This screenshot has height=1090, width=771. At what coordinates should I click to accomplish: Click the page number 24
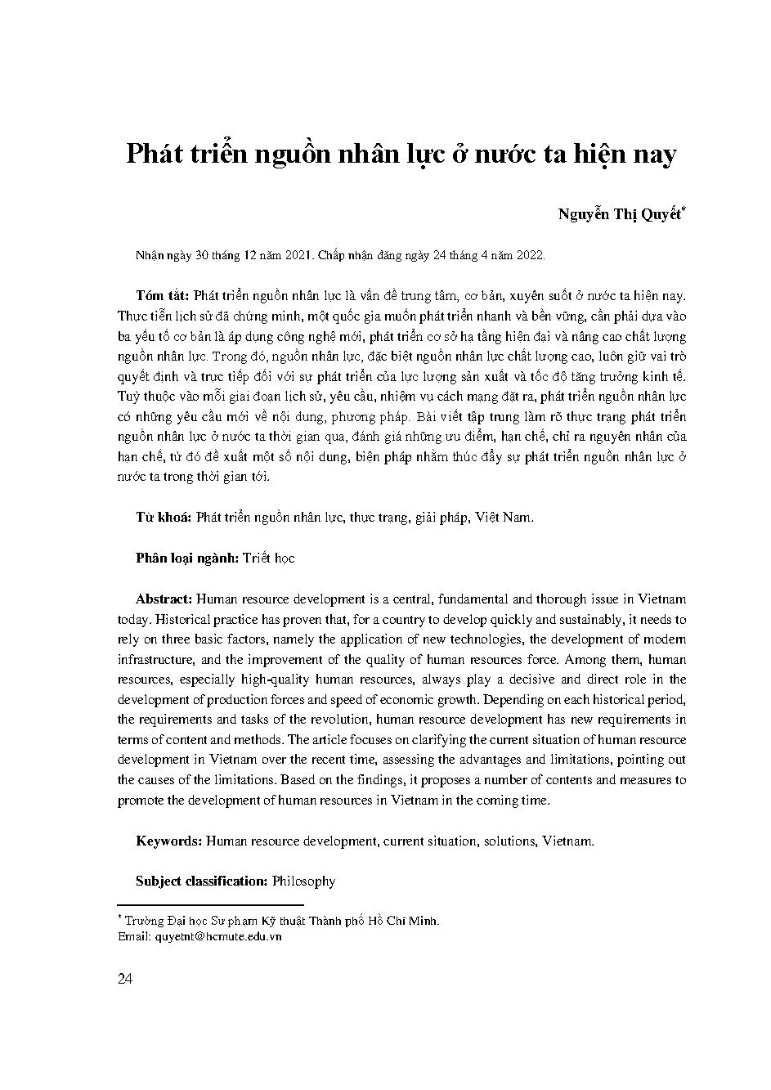pyautogui.click(x=125, y=980)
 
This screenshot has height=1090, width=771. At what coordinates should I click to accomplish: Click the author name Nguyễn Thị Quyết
pyautogui.click(x=621, y=215)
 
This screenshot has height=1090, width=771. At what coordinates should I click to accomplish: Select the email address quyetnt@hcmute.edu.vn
pyautogui.click(x=217, y=936)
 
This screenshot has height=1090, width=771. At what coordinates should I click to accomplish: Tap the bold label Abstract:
pyautogui.click(x=164, y=599)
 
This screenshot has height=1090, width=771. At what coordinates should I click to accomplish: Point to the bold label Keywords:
pyautogui.click(x=168, y=841)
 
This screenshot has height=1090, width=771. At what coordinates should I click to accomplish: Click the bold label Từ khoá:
pyautogui.click(x=164, y=518)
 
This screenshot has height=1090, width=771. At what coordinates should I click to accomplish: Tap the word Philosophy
pyautogui.click(x=303, y=881)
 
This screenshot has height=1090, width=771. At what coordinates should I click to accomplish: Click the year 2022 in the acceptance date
pyautogui.click(x=530, y=255)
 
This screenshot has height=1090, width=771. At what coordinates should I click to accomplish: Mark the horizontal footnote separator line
pyautogui.click(x=211, y=905)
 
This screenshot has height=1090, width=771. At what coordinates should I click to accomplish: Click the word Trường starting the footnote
pyautogui.click(x=145, y=921)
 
